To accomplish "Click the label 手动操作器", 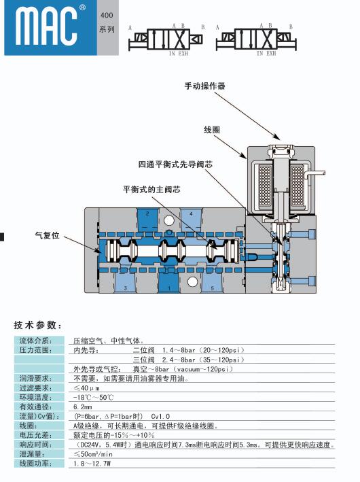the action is tap(205, 86).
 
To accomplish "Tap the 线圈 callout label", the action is tap(212, 130).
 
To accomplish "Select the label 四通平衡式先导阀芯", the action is tap(175, 165).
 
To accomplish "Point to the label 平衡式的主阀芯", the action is tap(151, 190).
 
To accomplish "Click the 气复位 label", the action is tap(48, 236).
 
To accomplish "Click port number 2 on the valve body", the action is tap(147, 213).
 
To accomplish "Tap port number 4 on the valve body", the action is tap(191, 213).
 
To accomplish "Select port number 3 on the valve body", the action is tap(126, 288).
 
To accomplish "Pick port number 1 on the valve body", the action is tap(169, 288).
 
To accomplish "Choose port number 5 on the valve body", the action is tap(212, 288).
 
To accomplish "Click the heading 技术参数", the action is tap(38, 325).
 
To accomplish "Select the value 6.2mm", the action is tap(83, 407).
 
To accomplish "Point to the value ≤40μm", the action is tap(86, 388).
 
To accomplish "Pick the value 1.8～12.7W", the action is tap(92, 464).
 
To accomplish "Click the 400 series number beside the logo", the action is tap(107, 15).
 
